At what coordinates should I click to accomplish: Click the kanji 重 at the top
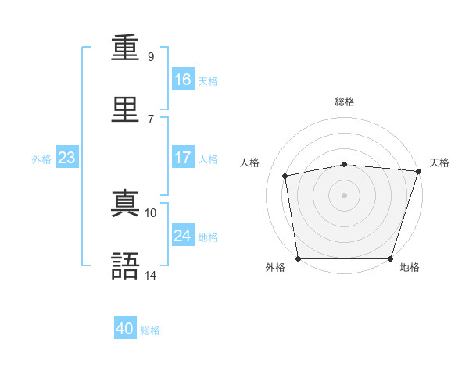126,48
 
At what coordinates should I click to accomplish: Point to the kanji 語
126,265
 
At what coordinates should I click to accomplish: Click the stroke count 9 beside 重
151,56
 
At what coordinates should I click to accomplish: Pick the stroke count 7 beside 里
151,118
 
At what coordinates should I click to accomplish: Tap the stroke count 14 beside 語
151,275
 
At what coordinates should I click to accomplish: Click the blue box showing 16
182,79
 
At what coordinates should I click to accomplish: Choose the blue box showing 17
182,158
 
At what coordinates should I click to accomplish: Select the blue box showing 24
182,235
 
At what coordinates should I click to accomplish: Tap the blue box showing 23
66,158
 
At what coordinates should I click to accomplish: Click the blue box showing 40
125,329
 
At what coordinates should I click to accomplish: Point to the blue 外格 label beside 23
41,159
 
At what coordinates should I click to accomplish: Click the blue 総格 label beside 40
150,330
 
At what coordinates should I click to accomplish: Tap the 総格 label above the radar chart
345,102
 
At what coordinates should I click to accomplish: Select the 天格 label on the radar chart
439,162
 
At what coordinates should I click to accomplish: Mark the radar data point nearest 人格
285,176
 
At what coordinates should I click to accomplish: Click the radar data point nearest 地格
391,258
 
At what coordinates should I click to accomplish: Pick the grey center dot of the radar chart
345,194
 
